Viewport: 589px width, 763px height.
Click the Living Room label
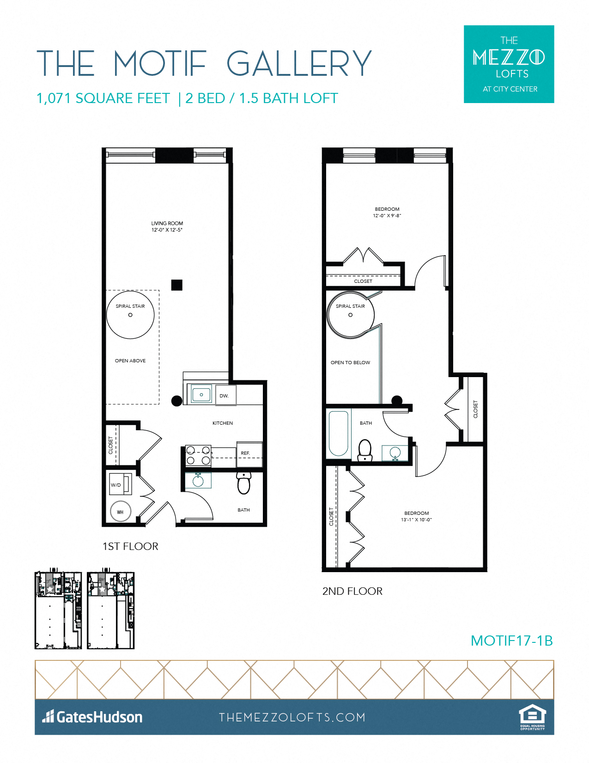[167, 224]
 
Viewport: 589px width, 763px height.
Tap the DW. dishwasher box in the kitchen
[225, 396]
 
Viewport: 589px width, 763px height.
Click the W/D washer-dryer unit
[119, 485]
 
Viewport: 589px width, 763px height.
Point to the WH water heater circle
[121, 512]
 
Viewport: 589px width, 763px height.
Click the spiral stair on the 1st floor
[130, 315]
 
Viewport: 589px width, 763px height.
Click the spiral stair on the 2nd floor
[350, 315]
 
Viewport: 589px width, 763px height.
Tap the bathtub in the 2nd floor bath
[338, 433]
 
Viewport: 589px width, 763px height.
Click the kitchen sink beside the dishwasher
[200, 395]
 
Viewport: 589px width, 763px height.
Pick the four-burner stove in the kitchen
[198, 455]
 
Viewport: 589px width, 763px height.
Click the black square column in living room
[176, 285]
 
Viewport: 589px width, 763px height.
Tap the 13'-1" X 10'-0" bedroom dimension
[416, 520]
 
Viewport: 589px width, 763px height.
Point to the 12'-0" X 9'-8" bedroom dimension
[387, 216]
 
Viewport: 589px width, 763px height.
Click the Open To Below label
[350, 363]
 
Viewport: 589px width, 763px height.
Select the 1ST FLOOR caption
[130, 546]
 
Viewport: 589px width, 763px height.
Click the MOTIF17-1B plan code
[511, 641]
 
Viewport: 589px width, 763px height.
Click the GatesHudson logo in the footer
[92, 717]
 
